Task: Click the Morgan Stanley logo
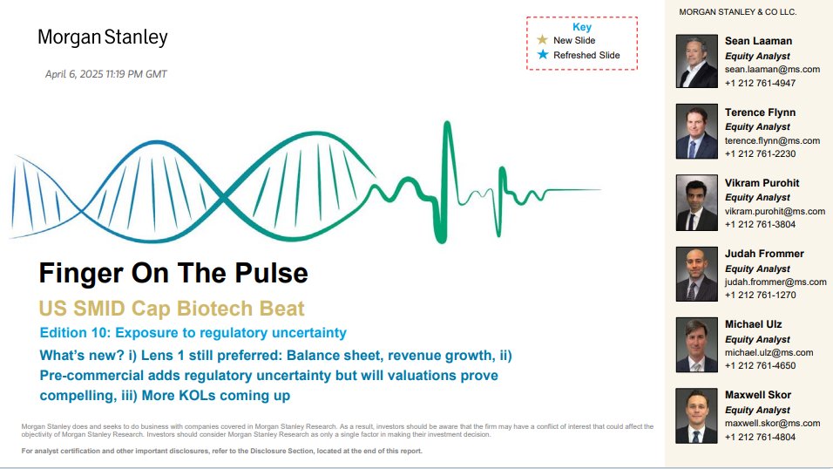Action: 103,37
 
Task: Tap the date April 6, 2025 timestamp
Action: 105,74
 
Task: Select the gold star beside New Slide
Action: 542,40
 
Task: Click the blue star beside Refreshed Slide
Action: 542,54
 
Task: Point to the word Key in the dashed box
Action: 582,27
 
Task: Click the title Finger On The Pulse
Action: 173,274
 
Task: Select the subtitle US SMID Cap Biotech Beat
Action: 172,309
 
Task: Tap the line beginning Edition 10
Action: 193,333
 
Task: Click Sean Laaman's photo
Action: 696,61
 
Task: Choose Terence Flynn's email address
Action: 772,140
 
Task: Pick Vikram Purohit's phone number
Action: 760,224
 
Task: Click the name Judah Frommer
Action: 764,254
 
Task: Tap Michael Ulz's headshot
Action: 696,344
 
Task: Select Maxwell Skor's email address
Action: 772,424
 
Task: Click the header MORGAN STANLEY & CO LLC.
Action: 737,11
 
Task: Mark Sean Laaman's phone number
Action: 760,83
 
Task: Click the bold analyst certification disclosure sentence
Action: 221,451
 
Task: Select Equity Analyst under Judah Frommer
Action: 757,268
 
